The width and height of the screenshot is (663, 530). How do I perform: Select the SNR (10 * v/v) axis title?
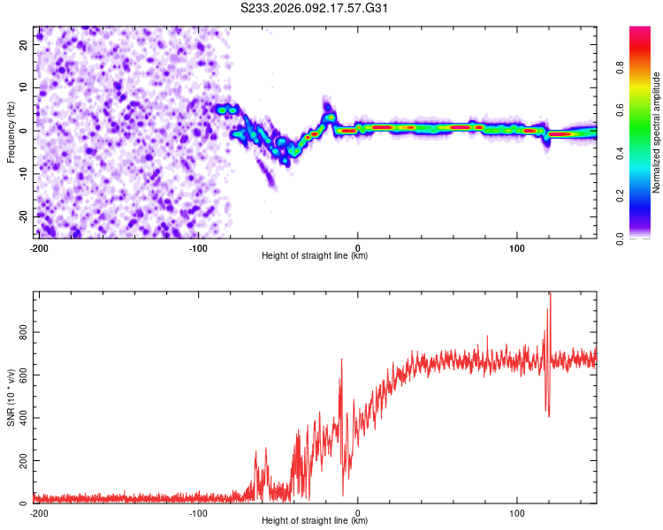(11, 397)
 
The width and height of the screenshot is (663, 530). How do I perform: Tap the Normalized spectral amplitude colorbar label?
(656, 132)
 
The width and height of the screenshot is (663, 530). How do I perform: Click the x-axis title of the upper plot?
(315, 255)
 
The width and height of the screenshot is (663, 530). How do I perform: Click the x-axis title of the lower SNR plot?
(315, 520)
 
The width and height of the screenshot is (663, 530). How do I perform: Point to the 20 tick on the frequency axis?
(25, 44)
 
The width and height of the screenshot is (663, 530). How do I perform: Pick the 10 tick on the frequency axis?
(25, 87)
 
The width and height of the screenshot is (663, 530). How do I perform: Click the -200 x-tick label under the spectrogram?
(38, 246)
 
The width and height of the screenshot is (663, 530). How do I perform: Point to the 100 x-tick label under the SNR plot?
(517, 511)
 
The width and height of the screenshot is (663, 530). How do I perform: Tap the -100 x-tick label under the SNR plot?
(198, 511)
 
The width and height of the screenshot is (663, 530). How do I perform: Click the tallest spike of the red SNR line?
(550, 295)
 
